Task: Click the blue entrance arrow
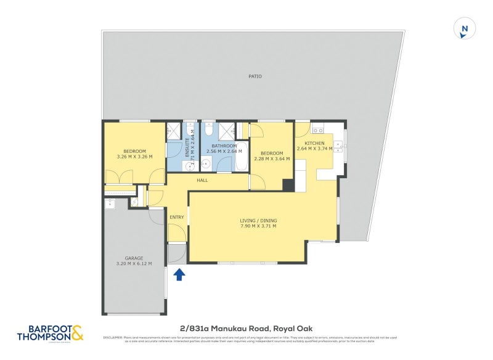(179, 274)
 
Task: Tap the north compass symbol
(465, 29)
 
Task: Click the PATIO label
(255, 76)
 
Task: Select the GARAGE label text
(134, 258)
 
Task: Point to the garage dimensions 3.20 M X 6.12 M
(134, 264)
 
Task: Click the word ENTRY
(177, 217)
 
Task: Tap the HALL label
(202, 181)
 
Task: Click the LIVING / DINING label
(258, 220)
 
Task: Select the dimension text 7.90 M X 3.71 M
(258, 226)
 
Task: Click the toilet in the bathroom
(208, 130)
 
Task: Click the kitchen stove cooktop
(318, 129)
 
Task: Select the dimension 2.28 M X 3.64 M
(271, 159)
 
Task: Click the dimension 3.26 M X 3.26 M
(134, 157)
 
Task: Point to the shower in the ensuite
(174, 131)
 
